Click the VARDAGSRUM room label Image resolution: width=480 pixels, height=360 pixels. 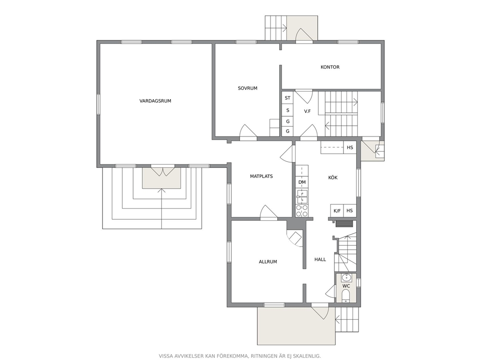point(155,101)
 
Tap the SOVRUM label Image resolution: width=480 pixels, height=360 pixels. point(248,88)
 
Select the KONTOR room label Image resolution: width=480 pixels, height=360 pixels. point(330,67)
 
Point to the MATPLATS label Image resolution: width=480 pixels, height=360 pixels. point(261,176)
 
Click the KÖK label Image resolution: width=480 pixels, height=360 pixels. point(333,178)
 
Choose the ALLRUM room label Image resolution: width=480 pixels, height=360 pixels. point(268,262)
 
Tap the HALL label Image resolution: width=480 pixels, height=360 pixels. point(320,259)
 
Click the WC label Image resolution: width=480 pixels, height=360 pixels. point(346,286)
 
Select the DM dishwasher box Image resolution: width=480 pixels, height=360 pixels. point(302,182)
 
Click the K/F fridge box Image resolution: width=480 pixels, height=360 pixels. point(337,210)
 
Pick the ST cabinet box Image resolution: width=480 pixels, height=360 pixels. point(287,98)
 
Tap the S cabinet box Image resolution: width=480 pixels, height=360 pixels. point(287,110)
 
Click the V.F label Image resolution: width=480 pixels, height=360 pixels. point(307,111)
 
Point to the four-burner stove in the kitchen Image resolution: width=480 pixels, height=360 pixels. point(302,210)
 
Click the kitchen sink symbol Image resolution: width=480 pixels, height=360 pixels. point(302,197)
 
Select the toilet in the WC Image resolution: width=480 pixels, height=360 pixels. point(346,296)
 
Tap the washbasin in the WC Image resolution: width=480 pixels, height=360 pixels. point(346,278)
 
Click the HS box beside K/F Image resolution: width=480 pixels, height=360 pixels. point(350,210)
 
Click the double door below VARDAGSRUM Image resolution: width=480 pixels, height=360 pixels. point(163,171)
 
